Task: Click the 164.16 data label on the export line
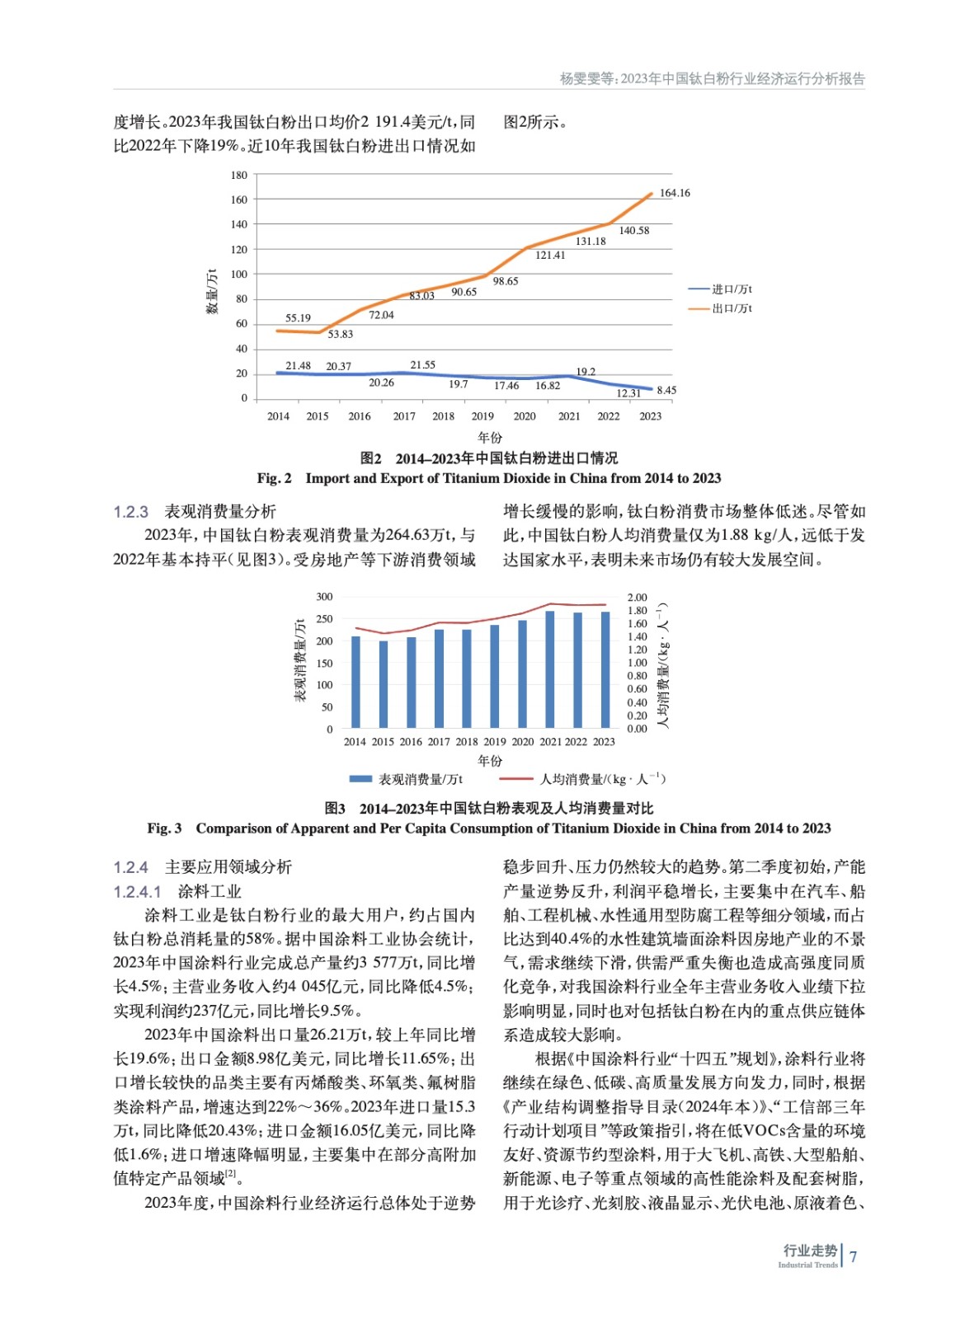pyautogui.click(x=675, y=193)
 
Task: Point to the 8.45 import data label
pyautogui.click(x=666, y=390)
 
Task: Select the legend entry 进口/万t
pyautogui.click(x=731, y=289)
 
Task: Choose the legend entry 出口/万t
pyautogui.click(x=731, y=308)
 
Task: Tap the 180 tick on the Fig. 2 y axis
pyautogui.click(x=239, y=175)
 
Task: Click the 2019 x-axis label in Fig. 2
pyautogui.click(x=482, y=416)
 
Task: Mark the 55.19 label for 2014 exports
pyautogui.click(x=298, y=318)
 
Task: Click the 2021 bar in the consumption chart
pyautogui.click(x=550, y=669)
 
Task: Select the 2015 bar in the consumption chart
pyautogui.click(x=384, y=684)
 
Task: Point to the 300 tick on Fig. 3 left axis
pyautogui.click(x=324, y=597)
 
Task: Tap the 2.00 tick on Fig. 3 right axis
pyautogui.click(x=637, y=597)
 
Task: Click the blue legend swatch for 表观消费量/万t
pyautogui.click(x=360, y=779)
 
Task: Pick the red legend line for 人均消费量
pyautogui.click(x=516, y=779)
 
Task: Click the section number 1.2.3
pyautogui.click(x=130, y=512)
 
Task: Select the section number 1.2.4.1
pyautogui.click(x=137, y=892)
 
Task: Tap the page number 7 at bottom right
pyautogui.click(x=854, y=1256)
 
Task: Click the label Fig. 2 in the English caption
pyautogui.click(x=274, y=478)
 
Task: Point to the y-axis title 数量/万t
pyautogui.click(x=212, y=290)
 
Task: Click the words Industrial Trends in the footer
pyautogui.click(x=807, y=1265)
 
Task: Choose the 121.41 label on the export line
pyautogui.click(x=550, y=256)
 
